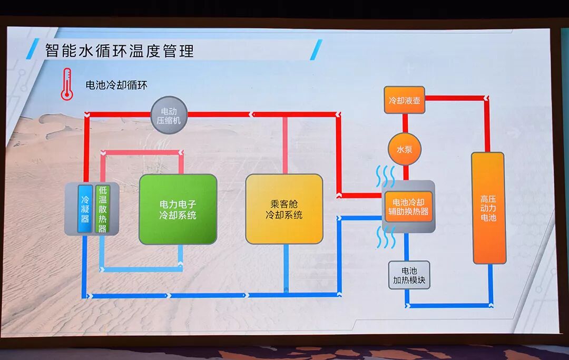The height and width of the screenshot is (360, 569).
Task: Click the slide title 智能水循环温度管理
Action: click(x=120, y=51)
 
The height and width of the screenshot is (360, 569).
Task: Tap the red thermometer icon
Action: click(x=66, y=84)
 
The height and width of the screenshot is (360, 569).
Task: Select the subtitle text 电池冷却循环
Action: click(x=116, y=85)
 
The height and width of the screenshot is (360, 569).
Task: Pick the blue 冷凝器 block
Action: click(x=85, y=209)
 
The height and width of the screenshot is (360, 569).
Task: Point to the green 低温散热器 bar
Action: click(x=102, y=209)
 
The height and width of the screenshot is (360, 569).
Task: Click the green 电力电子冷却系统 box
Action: click(x=178, y=209)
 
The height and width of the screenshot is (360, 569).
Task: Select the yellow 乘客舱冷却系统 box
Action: click(x=284, y=209)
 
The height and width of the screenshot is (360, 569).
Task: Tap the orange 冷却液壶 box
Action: click(x=404, y=100)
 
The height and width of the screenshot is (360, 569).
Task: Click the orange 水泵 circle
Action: click(x=405, y=149)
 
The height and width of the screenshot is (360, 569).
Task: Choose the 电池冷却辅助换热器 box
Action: click(x=408, y=206)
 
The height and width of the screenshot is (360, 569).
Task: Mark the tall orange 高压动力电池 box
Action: click(x=488, y=208)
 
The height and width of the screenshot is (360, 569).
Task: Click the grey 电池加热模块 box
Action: click(x=409, y=275)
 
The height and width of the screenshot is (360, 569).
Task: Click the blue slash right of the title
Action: click(x=316, y=50)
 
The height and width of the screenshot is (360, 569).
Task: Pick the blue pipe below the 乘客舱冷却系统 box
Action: click(x=286, y=269)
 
